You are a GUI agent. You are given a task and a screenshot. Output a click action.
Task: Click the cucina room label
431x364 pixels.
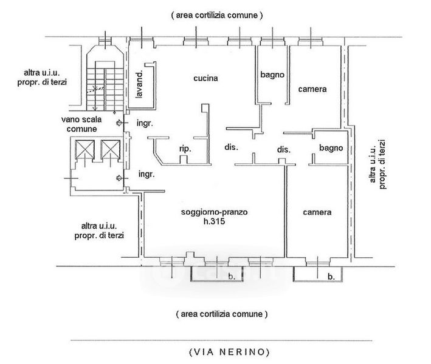(205, 78)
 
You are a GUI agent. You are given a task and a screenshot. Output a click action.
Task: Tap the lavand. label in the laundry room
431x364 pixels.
(140, 84)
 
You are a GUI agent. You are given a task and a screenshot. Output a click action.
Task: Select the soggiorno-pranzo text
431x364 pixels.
(214, 212)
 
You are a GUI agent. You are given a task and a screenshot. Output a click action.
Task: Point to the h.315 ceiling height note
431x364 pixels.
(214, 221)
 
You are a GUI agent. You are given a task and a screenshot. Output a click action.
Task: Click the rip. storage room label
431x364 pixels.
(185, 149)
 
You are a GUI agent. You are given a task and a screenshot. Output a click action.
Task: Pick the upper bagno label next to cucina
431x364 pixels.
(272, 75)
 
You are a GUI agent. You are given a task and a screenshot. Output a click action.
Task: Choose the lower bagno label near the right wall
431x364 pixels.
(331, 148)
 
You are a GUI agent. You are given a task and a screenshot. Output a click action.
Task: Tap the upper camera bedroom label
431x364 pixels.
(312, 89)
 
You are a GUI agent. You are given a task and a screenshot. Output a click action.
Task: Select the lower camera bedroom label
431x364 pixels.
(317, 212)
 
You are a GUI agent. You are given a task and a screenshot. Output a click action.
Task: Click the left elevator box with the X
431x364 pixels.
(84, 149)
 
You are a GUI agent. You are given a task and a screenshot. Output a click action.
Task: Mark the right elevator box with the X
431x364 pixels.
(110, 149)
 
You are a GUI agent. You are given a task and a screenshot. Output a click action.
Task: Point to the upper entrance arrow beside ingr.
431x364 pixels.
(119, 123)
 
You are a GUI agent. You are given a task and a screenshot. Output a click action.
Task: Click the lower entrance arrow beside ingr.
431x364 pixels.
(119, 178)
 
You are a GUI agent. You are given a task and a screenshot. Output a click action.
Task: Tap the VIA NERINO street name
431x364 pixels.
(230, 352)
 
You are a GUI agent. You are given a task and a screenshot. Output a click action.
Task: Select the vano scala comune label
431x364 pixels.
(81, 124)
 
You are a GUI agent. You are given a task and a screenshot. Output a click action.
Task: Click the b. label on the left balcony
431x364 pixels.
(232, 277)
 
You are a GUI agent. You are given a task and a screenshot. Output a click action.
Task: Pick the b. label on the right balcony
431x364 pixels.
(331, 277)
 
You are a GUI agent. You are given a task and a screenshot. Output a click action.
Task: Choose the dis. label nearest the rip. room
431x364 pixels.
(231, 147)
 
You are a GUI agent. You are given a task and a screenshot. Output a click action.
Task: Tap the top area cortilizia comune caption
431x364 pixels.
(217, 15)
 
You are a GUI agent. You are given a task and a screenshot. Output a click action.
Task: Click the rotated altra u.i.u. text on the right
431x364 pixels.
(373, 164)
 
